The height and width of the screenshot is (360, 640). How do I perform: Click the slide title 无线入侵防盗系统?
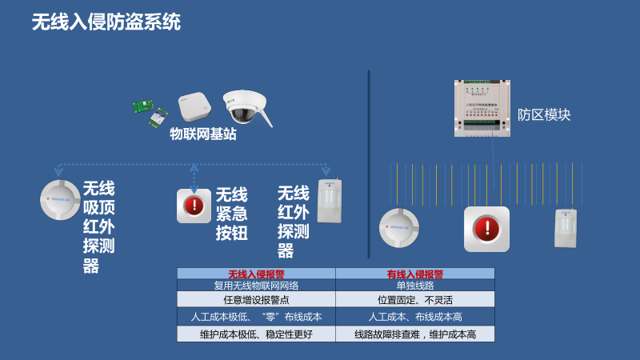click(106, 22)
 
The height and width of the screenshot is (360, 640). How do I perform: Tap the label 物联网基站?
click(202, 134)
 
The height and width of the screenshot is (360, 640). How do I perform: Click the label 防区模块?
click(544, 114)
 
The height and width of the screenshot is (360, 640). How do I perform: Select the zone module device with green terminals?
click(482, 108)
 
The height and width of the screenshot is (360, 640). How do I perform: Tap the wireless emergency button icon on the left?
click(194, 206)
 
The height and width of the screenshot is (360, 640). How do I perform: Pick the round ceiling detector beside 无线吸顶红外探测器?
click(60, 200)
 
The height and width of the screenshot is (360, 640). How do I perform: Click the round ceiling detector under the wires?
click(398, 227)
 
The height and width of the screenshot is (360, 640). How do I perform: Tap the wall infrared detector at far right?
click(566, 227)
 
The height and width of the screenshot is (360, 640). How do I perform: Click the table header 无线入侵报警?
click(256, 274)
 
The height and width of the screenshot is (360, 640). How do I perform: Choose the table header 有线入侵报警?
click(414, 274)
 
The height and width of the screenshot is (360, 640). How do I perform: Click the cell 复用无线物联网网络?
click(256, 285)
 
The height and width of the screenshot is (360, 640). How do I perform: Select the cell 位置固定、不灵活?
click(414, 299)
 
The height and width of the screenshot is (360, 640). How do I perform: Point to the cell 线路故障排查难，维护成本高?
click(414, 334)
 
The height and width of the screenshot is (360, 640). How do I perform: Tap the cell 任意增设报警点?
click(256, 299)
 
